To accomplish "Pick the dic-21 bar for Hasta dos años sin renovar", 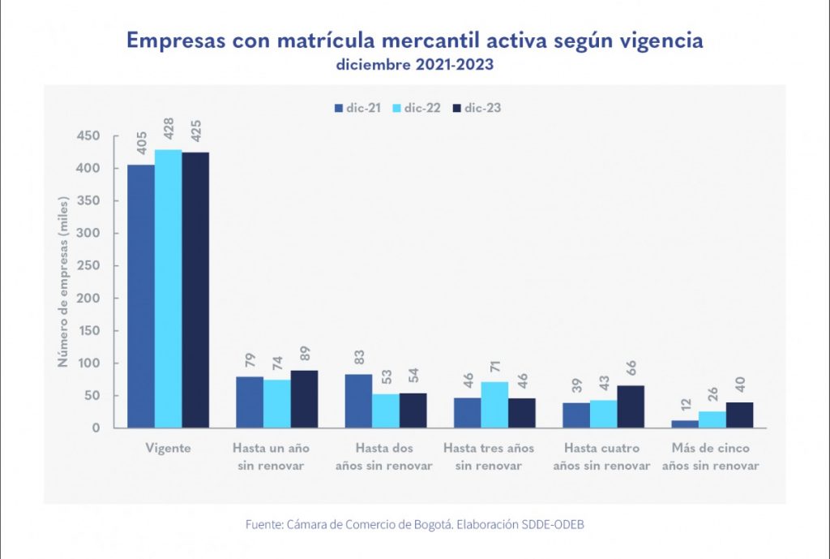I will tap(358, 401).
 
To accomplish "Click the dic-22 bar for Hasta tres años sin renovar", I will tap(494, 405).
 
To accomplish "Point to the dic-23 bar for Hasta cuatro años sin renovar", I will tap(631, 406).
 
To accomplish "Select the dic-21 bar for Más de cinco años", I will tap(685, 424).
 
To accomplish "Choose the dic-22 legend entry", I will tap(415, 107).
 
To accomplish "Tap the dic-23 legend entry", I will tap(476, 107).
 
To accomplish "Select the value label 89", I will tap(305, 355).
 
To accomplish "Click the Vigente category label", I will tap(168, 448).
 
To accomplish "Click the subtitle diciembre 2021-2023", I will tap(414, 65).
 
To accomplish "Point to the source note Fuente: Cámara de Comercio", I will tap(414, 525).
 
